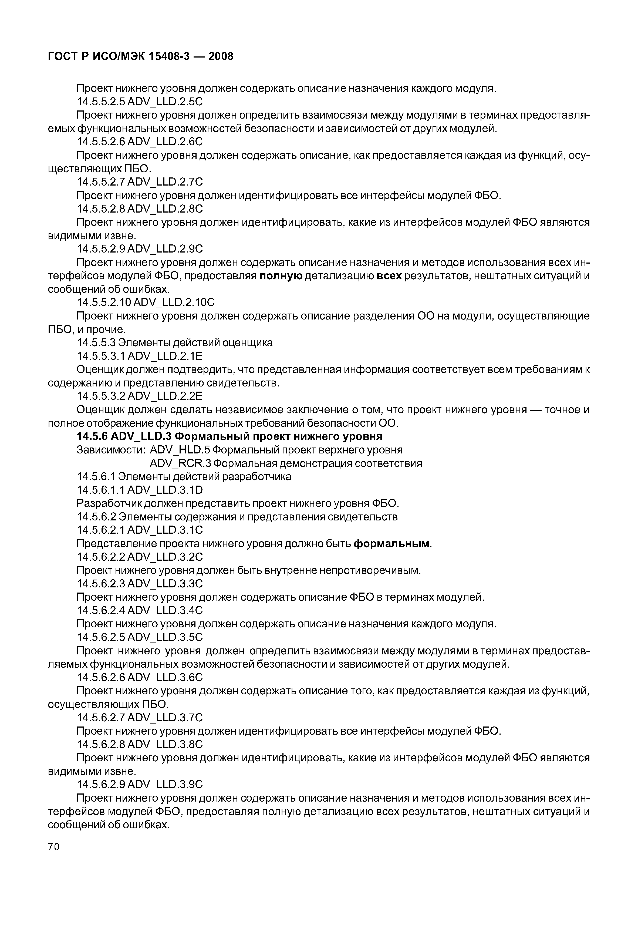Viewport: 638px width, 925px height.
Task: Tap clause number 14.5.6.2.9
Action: point(100,784)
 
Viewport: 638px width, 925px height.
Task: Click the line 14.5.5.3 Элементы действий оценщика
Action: point(175,342)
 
